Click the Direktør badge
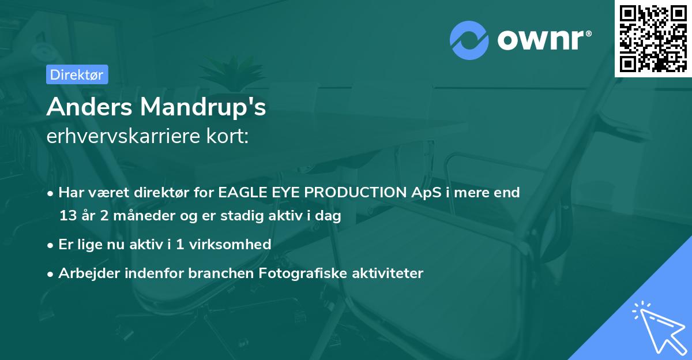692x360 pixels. [x=77, y=74]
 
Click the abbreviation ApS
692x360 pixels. [x=426, y=193]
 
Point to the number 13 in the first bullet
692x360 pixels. [x=67, y=216]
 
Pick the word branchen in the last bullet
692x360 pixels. [x=216, y=273]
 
